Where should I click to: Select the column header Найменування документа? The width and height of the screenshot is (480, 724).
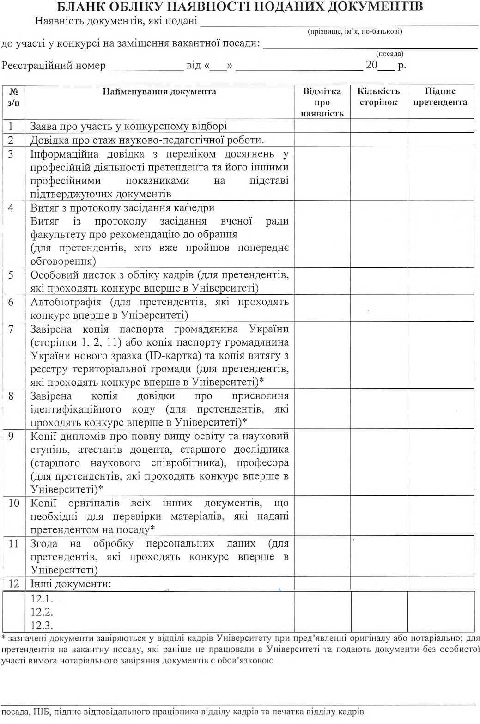point(159,91)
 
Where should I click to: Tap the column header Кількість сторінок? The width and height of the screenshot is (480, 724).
point(378,97)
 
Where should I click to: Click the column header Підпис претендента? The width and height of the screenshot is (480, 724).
point(440,97)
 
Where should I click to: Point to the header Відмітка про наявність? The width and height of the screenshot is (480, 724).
point(322,102)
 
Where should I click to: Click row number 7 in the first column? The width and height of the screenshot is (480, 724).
point(12,329)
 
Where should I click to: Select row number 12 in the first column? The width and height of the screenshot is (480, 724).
point(14,584)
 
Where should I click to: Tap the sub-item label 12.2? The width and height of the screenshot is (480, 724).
point(42,612)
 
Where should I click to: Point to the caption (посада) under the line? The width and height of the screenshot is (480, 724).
point(389,54)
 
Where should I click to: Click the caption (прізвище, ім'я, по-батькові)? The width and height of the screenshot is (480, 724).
point(355,31)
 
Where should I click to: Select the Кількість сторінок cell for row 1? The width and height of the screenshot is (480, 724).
point(378,126)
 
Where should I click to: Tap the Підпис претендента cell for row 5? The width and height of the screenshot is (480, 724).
point(440,281)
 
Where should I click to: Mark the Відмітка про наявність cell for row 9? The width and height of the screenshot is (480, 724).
point(322,462)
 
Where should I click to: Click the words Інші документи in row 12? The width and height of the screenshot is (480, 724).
point(71,584)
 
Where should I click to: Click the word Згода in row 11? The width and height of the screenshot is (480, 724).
point(44,544)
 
